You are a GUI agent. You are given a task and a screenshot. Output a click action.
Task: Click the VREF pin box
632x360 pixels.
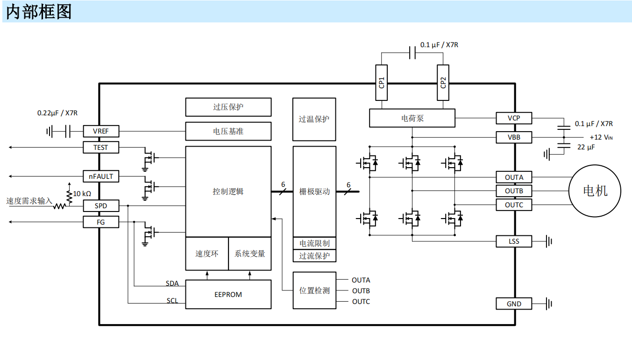point(100,131)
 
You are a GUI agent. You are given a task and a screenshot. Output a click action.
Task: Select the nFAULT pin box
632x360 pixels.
point(100,176)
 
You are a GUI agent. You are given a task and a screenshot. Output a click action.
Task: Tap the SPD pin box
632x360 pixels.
point(100,206)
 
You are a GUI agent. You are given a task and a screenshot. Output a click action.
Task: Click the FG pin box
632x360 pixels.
point(100,222)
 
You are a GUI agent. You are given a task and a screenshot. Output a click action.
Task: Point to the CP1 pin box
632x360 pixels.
point(382,83)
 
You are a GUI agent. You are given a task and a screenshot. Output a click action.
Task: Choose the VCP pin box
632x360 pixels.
point(514,118)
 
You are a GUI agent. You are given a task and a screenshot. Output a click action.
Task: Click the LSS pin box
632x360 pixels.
point(514,241)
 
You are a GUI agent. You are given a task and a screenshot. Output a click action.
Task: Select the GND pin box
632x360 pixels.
point(514,304)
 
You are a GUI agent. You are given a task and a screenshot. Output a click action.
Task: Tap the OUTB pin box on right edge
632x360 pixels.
point(514,191)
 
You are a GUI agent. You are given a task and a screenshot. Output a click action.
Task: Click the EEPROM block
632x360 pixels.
point(228,295)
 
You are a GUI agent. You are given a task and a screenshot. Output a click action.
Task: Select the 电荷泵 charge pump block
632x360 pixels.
point(412,118)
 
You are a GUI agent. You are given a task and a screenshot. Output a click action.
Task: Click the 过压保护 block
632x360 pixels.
point(228,107)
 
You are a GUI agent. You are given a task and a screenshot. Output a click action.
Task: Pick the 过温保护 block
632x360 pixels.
point(314,120)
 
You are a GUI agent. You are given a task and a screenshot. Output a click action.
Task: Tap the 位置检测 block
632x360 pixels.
point(314,290)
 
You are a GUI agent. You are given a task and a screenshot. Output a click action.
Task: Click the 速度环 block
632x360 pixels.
point(206,254)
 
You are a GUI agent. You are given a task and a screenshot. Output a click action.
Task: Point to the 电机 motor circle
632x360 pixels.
point(595,191)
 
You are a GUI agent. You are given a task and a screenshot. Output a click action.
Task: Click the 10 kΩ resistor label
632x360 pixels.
point(82,193)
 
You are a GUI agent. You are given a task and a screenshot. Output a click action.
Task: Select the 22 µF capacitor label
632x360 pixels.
point(586,147)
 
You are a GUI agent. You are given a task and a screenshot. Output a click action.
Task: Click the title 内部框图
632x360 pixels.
point(39,12)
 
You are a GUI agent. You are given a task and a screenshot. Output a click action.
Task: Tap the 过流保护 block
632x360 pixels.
point(314,256)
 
